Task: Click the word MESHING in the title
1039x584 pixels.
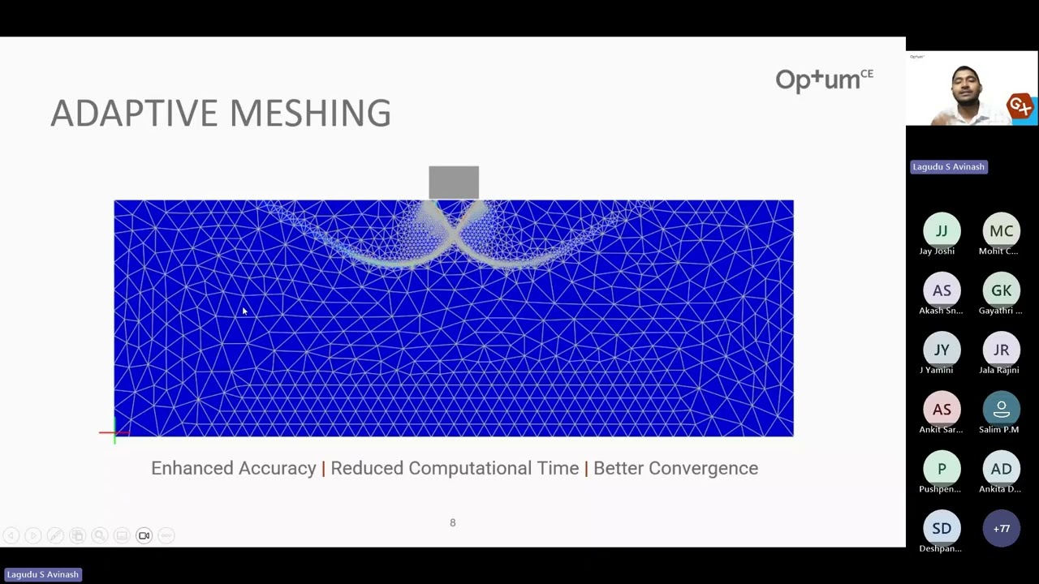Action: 311,114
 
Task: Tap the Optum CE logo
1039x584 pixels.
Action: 824,79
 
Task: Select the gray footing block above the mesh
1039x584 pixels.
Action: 454,182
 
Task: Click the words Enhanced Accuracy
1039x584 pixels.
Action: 233,468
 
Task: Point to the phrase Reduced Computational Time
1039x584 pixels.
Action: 455,468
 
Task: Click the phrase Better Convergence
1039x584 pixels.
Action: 675,468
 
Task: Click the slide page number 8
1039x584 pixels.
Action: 453,523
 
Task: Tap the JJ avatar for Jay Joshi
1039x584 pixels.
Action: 942,231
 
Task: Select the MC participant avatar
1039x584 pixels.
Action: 1001,231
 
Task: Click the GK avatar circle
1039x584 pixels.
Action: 1001,290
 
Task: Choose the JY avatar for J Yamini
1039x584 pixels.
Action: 942,350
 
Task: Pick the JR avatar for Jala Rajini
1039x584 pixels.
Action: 1001,350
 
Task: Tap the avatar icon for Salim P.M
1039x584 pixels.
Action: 1001,409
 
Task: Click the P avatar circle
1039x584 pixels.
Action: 942,469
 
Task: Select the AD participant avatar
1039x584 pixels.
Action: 1001,469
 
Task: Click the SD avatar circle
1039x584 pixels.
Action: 942,528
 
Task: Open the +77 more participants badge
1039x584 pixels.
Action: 1001,528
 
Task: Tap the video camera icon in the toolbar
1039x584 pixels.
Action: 144,535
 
